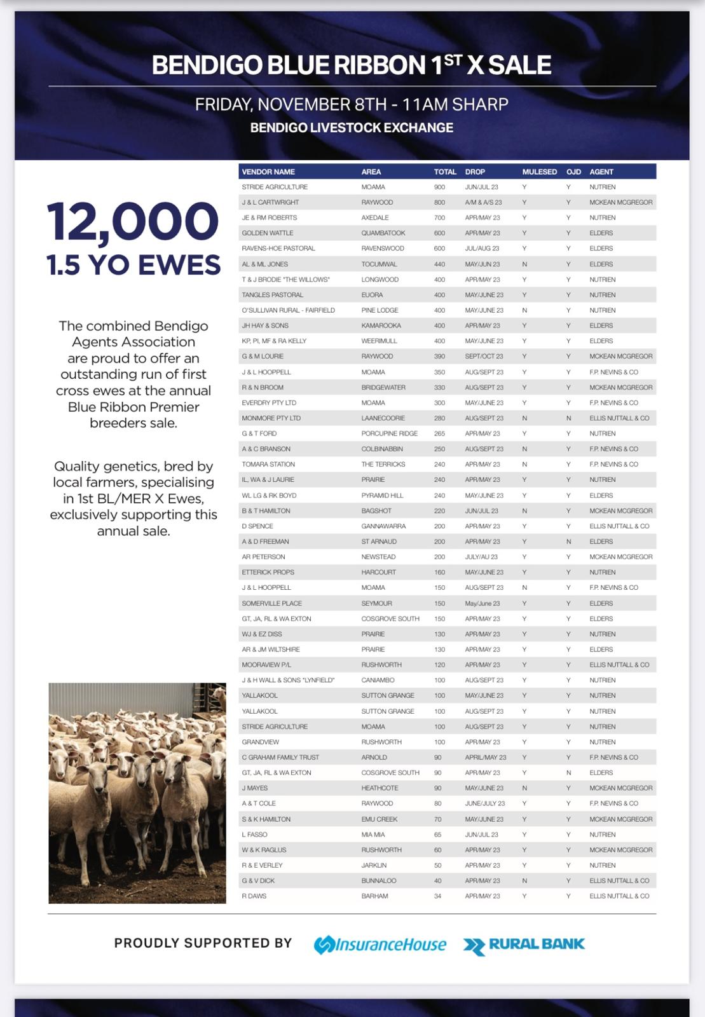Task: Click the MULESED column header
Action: click(x=539, y=172)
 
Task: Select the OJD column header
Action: click(x=573, y=172)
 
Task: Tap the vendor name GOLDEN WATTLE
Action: click(x=267, y=233)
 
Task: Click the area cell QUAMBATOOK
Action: click(x=383, y=233)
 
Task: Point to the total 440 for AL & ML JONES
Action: click(x=439, y=264)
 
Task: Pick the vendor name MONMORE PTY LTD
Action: click(x=271, y=418)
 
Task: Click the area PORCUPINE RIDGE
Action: click(x=389, y=433)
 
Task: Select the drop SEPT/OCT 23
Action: click(x=484, y=357)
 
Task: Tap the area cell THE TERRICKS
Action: click(x=383, y=465)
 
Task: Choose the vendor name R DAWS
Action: click(x=254, y=896)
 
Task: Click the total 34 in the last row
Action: click(x=438, y=896)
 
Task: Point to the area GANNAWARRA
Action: click(x=383, y=526)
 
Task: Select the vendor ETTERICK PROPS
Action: click(x=268, y=572)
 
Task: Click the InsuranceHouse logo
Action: click(x=380, y=945)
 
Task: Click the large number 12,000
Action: click(x=133, y=222)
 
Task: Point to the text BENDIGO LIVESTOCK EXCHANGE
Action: click(x=352, y=128)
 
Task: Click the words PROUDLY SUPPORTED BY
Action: click(x=203, y=943)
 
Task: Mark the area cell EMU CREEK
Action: click(x=379, y=819)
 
